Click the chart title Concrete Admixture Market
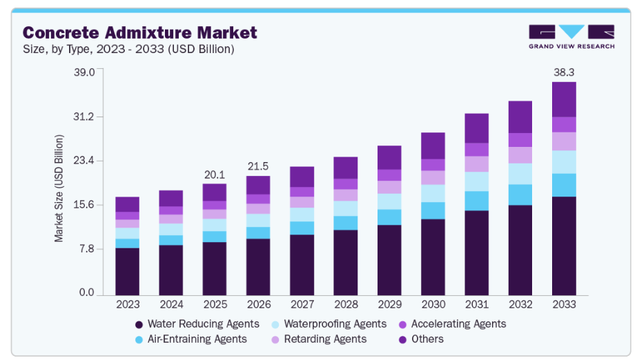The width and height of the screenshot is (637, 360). click(x=140, y=32)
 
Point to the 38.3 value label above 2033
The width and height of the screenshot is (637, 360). click(x=564, y=72)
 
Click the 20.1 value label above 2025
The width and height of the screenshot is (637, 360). click(x=215, y=174)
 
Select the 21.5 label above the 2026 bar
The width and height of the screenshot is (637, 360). click(x=258, y=166)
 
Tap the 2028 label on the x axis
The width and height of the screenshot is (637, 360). click(x=346, y=304)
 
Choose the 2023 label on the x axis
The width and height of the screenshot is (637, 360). click(x=128, y=304)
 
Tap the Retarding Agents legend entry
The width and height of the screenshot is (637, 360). click(x=324, y=339)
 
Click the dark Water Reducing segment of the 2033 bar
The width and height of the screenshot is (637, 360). click(x=564, y=245)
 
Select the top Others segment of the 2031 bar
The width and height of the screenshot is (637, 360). click(x=477, y=128)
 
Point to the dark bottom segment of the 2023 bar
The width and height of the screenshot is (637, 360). click(x=128, y=271)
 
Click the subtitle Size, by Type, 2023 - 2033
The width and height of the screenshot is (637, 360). click(x=128, y=49)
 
